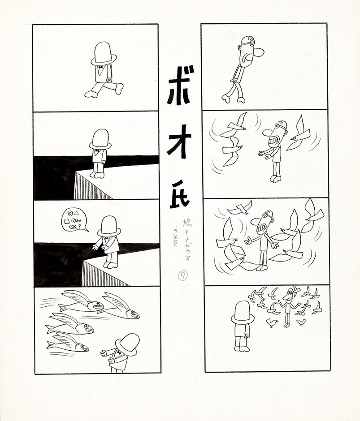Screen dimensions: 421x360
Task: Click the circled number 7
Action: click(x=182, y=276)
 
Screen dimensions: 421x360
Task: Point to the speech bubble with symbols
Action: click(x=74, y=220)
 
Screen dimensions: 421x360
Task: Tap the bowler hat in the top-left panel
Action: click(x=104, y=52)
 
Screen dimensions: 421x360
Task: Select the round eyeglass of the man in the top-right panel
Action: click(x=251, y=43)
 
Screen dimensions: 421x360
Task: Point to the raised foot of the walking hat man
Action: click(x=119, y=88)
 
